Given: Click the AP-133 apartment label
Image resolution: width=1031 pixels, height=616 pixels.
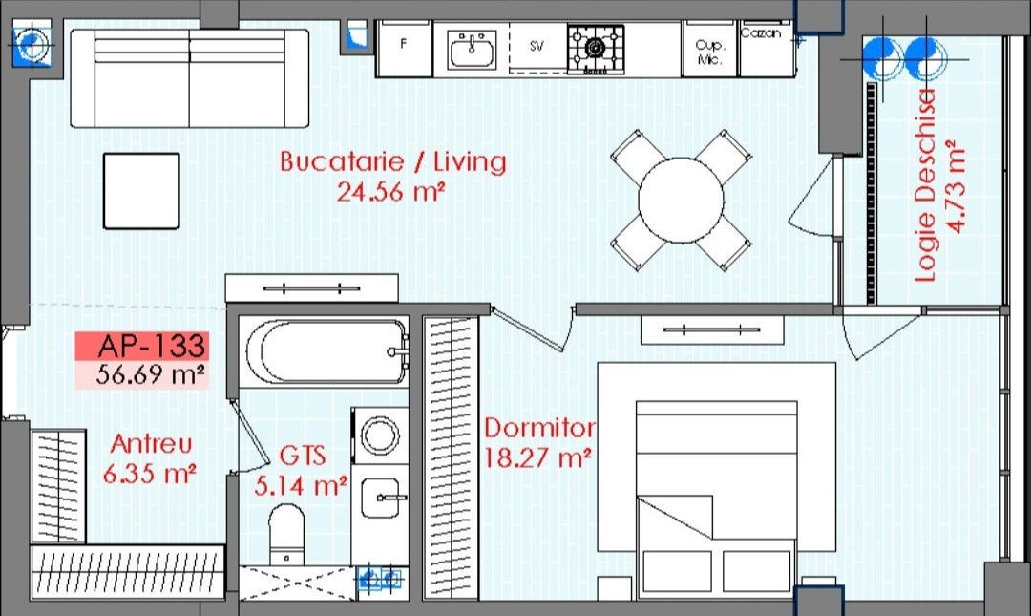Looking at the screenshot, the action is point(152,346).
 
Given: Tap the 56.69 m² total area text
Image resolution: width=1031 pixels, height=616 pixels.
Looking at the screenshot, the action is point(150,374).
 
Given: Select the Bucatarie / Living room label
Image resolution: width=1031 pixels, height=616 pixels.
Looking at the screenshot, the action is point(393,162).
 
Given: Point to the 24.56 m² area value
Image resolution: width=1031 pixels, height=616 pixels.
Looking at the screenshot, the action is point(391,192).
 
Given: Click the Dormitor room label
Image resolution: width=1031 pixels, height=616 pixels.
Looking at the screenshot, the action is point(539,429).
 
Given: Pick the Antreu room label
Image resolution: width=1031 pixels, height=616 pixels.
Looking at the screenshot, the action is point(151,443).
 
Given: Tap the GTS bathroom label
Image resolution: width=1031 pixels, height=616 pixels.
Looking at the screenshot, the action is point(303,456).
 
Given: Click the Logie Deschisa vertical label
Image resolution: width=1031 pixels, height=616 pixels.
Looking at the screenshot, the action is point(925,186).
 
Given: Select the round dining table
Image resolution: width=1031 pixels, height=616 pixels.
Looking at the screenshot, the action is point(681,200).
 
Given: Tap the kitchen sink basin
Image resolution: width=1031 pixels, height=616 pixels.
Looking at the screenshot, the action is point(473,50).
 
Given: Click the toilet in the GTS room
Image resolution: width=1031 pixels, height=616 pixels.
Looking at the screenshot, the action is point(286,534).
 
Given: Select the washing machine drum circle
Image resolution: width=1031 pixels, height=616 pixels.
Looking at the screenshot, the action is point(380,435).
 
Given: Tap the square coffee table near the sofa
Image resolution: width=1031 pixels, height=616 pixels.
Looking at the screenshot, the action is point(141,191).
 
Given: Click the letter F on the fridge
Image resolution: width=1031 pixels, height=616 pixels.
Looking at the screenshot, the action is point(403,43).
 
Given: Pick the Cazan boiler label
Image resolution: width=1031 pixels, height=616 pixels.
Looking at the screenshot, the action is point(761,32).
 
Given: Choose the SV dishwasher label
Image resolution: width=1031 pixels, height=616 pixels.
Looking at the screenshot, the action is point(537,46).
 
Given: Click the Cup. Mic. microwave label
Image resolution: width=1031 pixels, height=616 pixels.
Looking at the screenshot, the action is point(709,52).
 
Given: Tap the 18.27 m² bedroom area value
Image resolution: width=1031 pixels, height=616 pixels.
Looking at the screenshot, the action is point(537,458).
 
